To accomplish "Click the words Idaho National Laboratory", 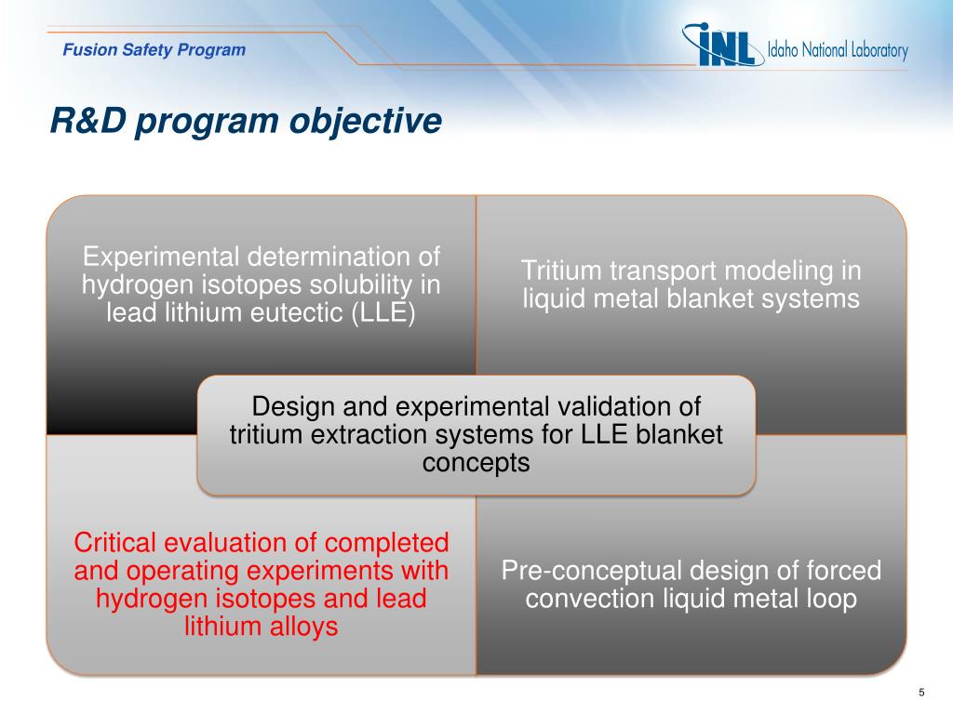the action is coord(838,50).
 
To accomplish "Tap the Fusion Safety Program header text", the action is coord(154,50).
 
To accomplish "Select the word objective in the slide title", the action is coord(365,121).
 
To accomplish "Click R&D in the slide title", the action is coord(88,120).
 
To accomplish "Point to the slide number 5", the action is coord(921,692).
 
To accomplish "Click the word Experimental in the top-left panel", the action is coord(160,258).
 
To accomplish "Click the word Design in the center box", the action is coord(293,407).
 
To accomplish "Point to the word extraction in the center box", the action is coord(380,435).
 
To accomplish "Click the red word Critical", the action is coord(114,543).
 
